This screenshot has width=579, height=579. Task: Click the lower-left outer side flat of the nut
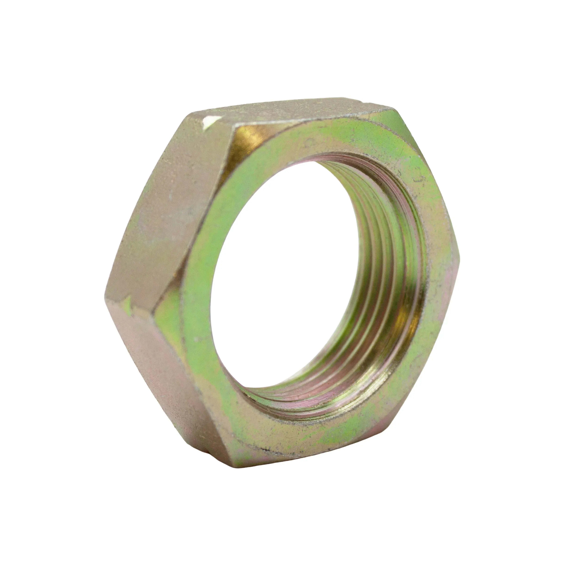coord(156,375)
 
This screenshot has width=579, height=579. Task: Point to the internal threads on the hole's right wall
coord(390,270)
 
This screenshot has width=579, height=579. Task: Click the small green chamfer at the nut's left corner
coord(168,306)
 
